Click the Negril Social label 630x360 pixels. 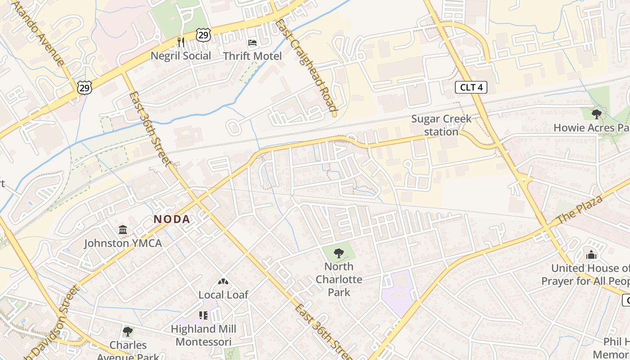coord(180,56)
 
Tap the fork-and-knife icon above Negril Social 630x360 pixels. coord(181,42)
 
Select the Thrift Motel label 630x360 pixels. coord(252,56)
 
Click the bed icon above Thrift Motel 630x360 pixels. coord(252,43)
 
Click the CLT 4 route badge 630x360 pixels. coord(471,87)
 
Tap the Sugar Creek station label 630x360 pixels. coord(441,125)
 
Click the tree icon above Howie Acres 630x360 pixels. coord(597,114)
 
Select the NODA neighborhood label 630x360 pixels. coord(172,219)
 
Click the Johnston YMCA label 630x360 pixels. coord(123,243)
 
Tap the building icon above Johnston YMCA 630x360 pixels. coord(123,230)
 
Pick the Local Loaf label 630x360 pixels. coord(223,295)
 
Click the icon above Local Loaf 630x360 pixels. coord(223,282)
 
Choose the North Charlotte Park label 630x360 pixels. coord(339,279)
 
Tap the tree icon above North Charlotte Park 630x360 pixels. coord(339,253)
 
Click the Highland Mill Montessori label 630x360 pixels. coord(203,335)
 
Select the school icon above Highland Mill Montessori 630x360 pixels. coord(203,315)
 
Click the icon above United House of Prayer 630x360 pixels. coord(591,255)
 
